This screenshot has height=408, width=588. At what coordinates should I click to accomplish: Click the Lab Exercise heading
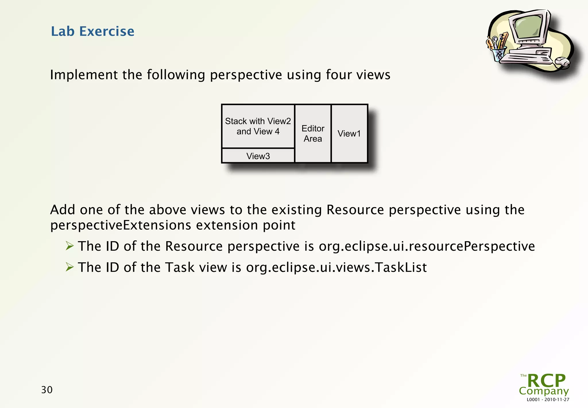[x=92, y=31]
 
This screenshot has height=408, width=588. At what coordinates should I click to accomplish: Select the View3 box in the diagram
[x=258, y=156]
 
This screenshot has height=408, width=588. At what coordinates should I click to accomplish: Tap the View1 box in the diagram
[x=349, y=134]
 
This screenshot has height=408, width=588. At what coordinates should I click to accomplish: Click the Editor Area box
[x=313, y=134]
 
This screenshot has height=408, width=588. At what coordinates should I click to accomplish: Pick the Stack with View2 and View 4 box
[x=258, y=126]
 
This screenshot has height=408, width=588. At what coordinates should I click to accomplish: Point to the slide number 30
[x=47, y=390]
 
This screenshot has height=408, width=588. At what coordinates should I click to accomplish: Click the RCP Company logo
[x=544, y=384]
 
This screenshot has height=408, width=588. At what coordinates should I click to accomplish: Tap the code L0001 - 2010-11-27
[x=548, y=400]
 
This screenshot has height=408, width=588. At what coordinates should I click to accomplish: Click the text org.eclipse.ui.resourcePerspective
[x=427, y=246]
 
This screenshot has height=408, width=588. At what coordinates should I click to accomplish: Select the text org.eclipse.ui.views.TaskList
[x=336, y=267]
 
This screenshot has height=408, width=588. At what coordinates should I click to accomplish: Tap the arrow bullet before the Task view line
[x=69, y=267]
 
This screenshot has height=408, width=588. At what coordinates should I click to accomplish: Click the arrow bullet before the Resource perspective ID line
[x=69, y=246]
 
